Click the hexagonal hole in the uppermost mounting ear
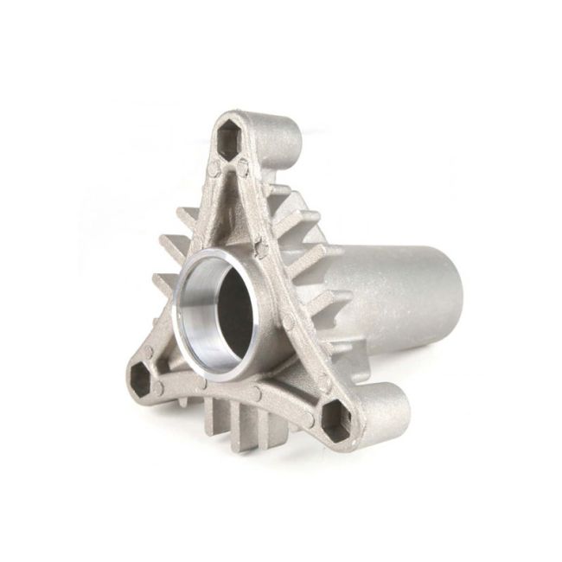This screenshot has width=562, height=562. pyautogui.click(x=229, y=139)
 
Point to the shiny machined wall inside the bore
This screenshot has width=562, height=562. pyautogui.click(x=197, y=298)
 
